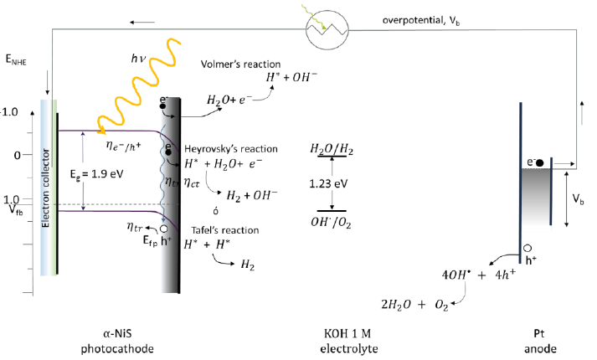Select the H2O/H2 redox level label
331,149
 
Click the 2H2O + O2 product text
404,306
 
